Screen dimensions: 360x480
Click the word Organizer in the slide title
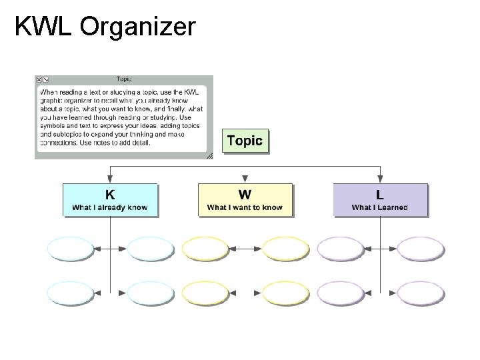138,27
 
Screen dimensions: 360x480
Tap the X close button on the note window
39,79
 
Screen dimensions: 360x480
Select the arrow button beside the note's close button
46,79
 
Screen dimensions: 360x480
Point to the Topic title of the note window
123,79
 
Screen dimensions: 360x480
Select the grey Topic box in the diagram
245,141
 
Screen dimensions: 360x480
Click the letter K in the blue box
110,195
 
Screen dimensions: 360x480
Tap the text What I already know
110,207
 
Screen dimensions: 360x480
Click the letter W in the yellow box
245,195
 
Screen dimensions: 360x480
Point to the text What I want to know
245,207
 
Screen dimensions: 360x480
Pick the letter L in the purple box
379,195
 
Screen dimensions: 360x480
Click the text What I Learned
379,207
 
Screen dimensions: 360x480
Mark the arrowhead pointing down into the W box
245,179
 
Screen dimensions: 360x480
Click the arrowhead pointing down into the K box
110,179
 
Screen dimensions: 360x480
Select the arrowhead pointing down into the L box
379,179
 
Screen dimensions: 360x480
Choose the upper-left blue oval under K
71,249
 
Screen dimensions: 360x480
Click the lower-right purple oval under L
421,293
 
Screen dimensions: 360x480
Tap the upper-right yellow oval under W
286,249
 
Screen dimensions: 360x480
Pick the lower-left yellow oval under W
205,293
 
